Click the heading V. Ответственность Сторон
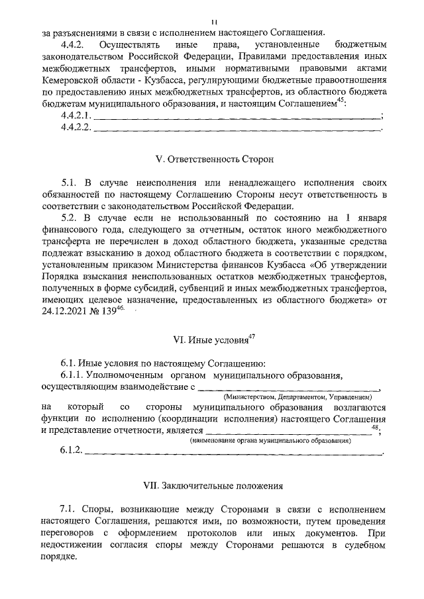point(212,160)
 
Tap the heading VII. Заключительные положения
point(212,485)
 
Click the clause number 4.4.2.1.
point(76,116)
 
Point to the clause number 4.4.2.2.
point(76,128)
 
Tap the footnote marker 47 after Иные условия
point(252,336)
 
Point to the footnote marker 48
point(376,428)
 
